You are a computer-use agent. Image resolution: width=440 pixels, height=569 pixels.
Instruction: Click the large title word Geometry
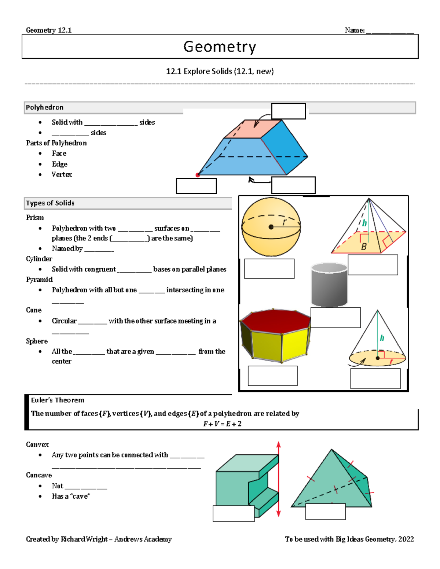(x=220, y=47)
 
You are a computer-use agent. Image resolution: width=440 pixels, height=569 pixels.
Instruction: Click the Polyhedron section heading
(x=44, y=107)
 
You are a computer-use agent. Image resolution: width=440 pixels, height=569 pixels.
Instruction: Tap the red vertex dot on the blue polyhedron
(x=198, y=175)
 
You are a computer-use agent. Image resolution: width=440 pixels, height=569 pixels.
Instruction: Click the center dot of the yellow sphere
(x=271, y=227)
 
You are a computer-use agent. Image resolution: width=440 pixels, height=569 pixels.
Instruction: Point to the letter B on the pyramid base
(x=364, y=247)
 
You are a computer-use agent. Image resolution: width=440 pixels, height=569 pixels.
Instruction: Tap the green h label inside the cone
(x=382, y=338)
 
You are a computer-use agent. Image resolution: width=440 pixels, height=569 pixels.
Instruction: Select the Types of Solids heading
(x=50, y=203)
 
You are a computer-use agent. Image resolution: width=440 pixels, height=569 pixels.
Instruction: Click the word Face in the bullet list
(x=59, y=154)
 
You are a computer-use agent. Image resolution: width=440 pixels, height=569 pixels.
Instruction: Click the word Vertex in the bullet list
(x=62, y=175)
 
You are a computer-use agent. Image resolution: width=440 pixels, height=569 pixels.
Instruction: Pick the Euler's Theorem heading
(x=58, y=400)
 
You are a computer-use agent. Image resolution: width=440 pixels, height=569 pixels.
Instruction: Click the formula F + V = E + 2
(x=222, y=424)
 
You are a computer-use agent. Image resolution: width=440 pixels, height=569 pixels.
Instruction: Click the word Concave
(x=39, y=475)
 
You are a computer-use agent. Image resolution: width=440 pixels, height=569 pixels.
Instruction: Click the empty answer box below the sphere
(x=269, y=269)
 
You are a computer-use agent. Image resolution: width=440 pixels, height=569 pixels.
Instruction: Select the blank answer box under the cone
(x=375, y=378)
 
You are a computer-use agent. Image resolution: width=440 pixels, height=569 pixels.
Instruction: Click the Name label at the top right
(x=355, y=30)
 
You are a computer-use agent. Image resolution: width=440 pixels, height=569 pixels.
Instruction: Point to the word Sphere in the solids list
(x=37, y=341)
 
